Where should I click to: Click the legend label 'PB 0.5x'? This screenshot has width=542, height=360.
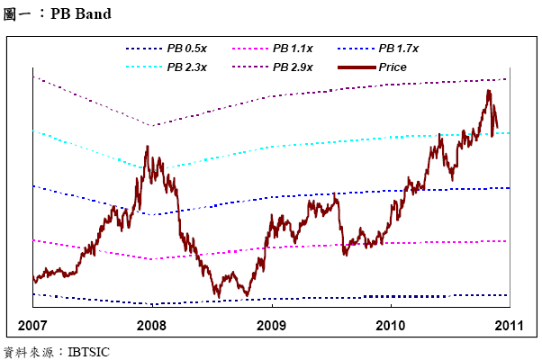tap(186, 48)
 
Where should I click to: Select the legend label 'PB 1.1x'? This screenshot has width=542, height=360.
tap(293, 48)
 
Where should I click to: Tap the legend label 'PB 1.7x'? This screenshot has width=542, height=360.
tap(399, 48)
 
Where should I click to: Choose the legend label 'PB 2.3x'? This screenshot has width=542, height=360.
tap(186, 67)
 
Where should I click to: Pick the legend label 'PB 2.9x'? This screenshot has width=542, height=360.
tap(293, 67)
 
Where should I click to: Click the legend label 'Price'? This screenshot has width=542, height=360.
tap(393, 67)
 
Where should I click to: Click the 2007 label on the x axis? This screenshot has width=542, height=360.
tap(32, 324)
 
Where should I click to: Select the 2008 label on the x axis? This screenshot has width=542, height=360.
tap(151, 324)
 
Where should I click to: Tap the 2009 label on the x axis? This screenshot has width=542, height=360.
tap(271, 324)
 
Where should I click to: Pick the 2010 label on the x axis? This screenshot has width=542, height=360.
tap(390, 324)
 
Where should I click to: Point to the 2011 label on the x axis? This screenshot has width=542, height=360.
tap(509, 324)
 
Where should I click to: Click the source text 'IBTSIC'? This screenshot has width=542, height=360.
tap(88, 352)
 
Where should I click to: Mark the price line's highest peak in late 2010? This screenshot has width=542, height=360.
tap(488, 90)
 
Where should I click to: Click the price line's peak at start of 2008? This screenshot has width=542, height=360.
tap(147, 147)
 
